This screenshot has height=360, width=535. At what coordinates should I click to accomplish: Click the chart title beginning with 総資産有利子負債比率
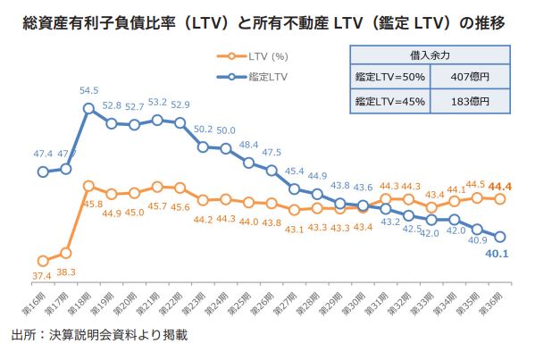click(x=267, y=21)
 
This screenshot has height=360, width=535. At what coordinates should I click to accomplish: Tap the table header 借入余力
click(x=427, y=55)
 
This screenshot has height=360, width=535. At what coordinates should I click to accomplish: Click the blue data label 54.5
click(x=89, y=90)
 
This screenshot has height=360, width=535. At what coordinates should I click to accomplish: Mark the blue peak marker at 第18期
click(x=89, y=109)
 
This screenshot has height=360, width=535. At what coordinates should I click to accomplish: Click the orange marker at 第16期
click(x=43, y=260)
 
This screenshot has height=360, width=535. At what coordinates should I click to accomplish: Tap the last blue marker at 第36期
click(x=500, y=237)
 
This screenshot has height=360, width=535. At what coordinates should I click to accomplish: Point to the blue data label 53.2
click(x=157, y=103)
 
